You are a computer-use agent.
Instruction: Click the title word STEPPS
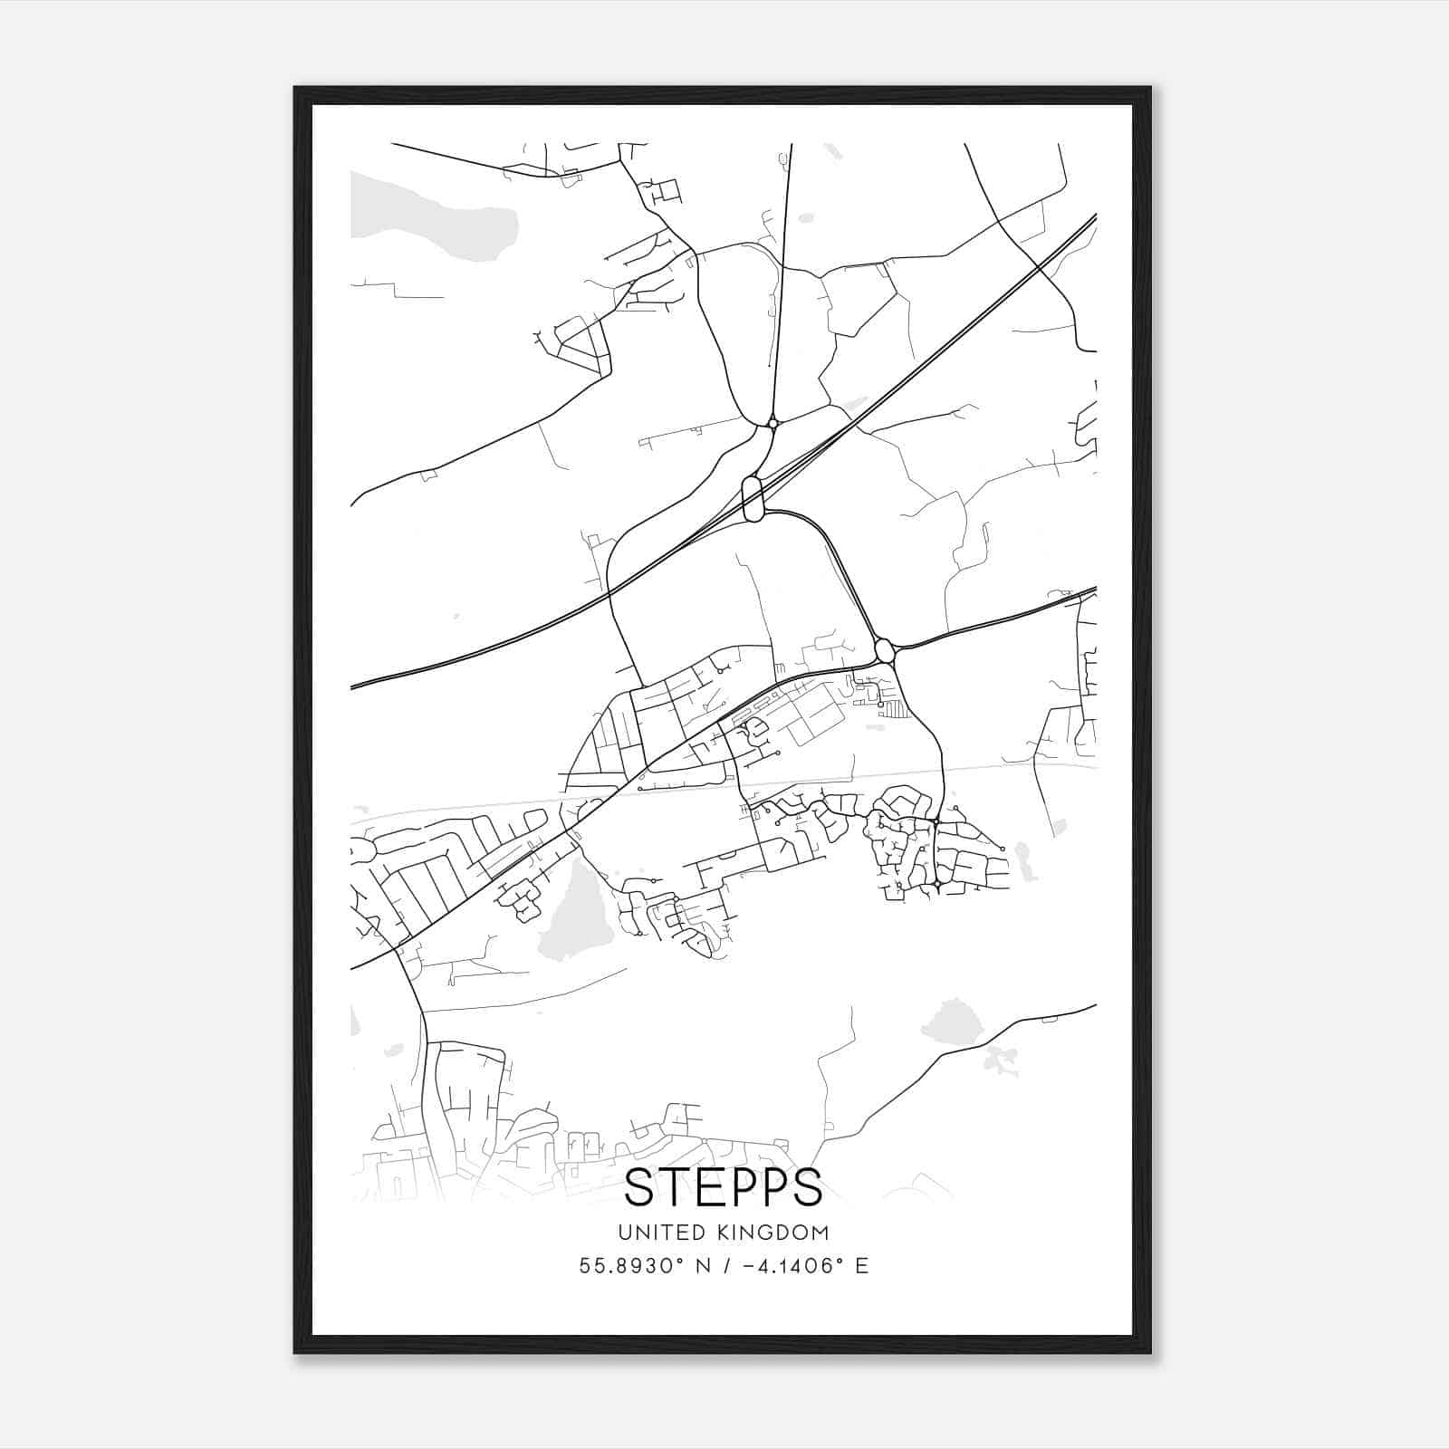point(723,1187)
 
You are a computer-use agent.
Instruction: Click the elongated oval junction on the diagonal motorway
point(753,498)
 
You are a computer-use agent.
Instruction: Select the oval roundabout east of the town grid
point(885,650)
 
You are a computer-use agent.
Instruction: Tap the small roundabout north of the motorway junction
point(772,422)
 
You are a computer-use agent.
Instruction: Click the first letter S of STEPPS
point(641,1187)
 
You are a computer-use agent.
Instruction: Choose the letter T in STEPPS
point(676,1187)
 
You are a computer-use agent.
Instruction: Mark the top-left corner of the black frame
point(296,89)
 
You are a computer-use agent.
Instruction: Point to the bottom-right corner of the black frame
point(1149,1351)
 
